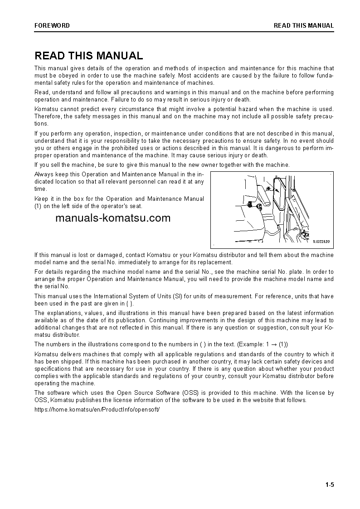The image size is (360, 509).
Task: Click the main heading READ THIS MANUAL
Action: [89, 56]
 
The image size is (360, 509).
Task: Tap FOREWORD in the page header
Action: [52, 26]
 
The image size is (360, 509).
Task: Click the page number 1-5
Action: [329, 485]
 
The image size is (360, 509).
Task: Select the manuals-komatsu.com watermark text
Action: [113, 218]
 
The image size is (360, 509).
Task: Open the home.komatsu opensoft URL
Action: [97, 409]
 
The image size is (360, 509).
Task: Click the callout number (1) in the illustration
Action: [268, 187]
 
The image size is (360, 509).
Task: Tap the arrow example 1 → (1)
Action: [277, 344]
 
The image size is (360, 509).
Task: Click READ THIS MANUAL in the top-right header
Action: [303, 26]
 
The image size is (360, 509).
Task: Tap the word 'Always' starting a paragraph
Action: [44, 175]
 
